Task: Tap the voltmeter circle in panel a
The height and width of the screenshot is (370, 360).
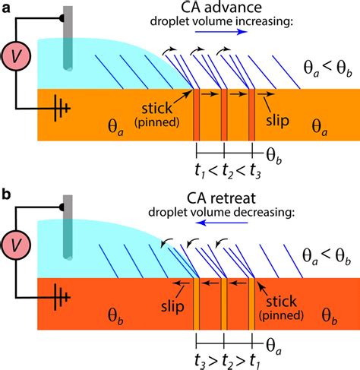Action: [16, 56]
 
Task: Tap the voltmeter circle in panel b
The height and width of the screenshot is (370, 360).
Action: [16, 245]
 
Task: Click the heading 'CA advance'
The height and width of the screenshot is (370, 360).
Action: [221, 8]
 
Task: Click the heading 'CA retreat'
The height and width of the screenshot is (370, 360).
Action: [221, 198]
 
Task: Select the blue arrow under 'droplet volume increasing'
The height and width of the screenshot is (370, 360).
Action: [221, 32]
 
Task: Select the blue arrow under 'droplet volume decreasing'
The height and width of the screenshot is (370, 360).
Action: [222, 223]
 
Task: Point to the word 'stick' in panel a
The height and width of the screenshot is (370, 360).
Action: [156, 109]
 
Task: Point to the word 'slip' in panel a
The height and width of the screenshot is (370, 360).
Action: [277, 120]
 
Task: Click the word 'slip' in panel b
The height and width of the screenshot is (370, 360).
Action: [172, 306]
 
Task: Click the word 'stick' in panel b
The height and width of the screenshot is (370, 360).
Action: [281, 301]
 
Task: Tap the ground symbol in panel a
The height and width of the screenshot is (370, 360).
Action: [61, 109]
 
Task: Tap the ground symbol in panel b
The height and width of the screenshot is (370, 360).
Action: [61, 298]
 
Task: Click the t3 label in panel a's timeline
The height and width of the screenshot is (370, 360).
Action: [255, 172]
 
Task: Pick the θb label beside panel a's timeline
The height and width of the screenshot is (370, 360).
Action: [274, 156]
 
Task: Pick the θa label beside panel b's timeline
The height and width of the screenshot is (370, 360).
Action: [273, 346]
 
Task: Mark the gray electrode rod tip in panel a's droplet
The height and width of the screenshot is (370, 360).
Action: [68, 68]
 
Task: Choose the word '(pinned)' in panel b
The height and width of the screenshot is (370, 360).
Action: [281, 315]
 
